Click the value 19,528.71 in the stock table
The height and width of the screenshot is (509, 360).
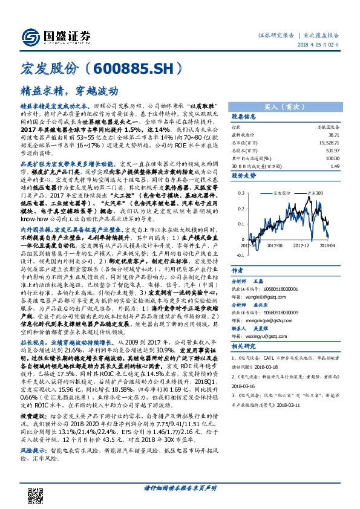326,143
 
